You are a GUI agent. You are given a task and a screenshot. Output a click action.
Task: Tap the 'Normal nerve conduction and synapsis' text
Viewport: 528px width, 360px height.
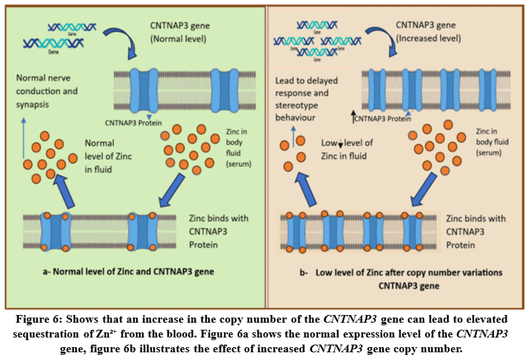coord(47,91)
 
